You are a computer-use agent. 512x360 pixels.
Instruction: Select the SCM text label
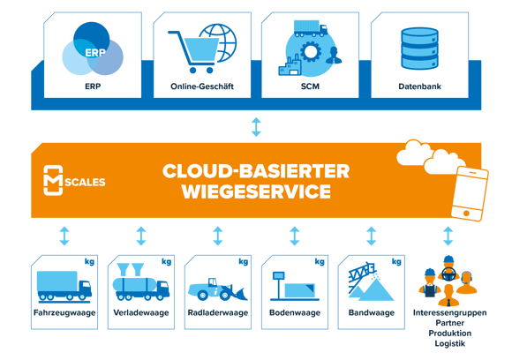309,88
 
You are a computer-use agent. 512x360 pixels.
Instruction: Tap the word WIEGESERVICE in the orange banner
255,192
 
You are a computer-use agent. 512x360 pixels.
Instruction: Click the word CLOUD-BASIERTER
255,170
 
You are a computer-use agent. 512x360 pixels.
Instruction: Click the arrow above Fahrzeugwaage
64,236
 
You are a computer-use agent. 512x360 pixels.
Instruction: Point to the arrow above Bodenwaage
295,236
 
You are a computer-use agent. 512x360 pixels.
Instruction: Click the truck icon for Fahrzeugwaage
62,284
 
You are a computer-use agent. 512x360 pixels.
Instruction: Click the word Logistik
449,343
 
